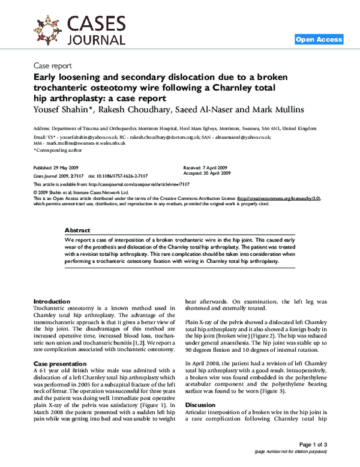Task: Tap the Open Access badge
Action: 319,40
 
